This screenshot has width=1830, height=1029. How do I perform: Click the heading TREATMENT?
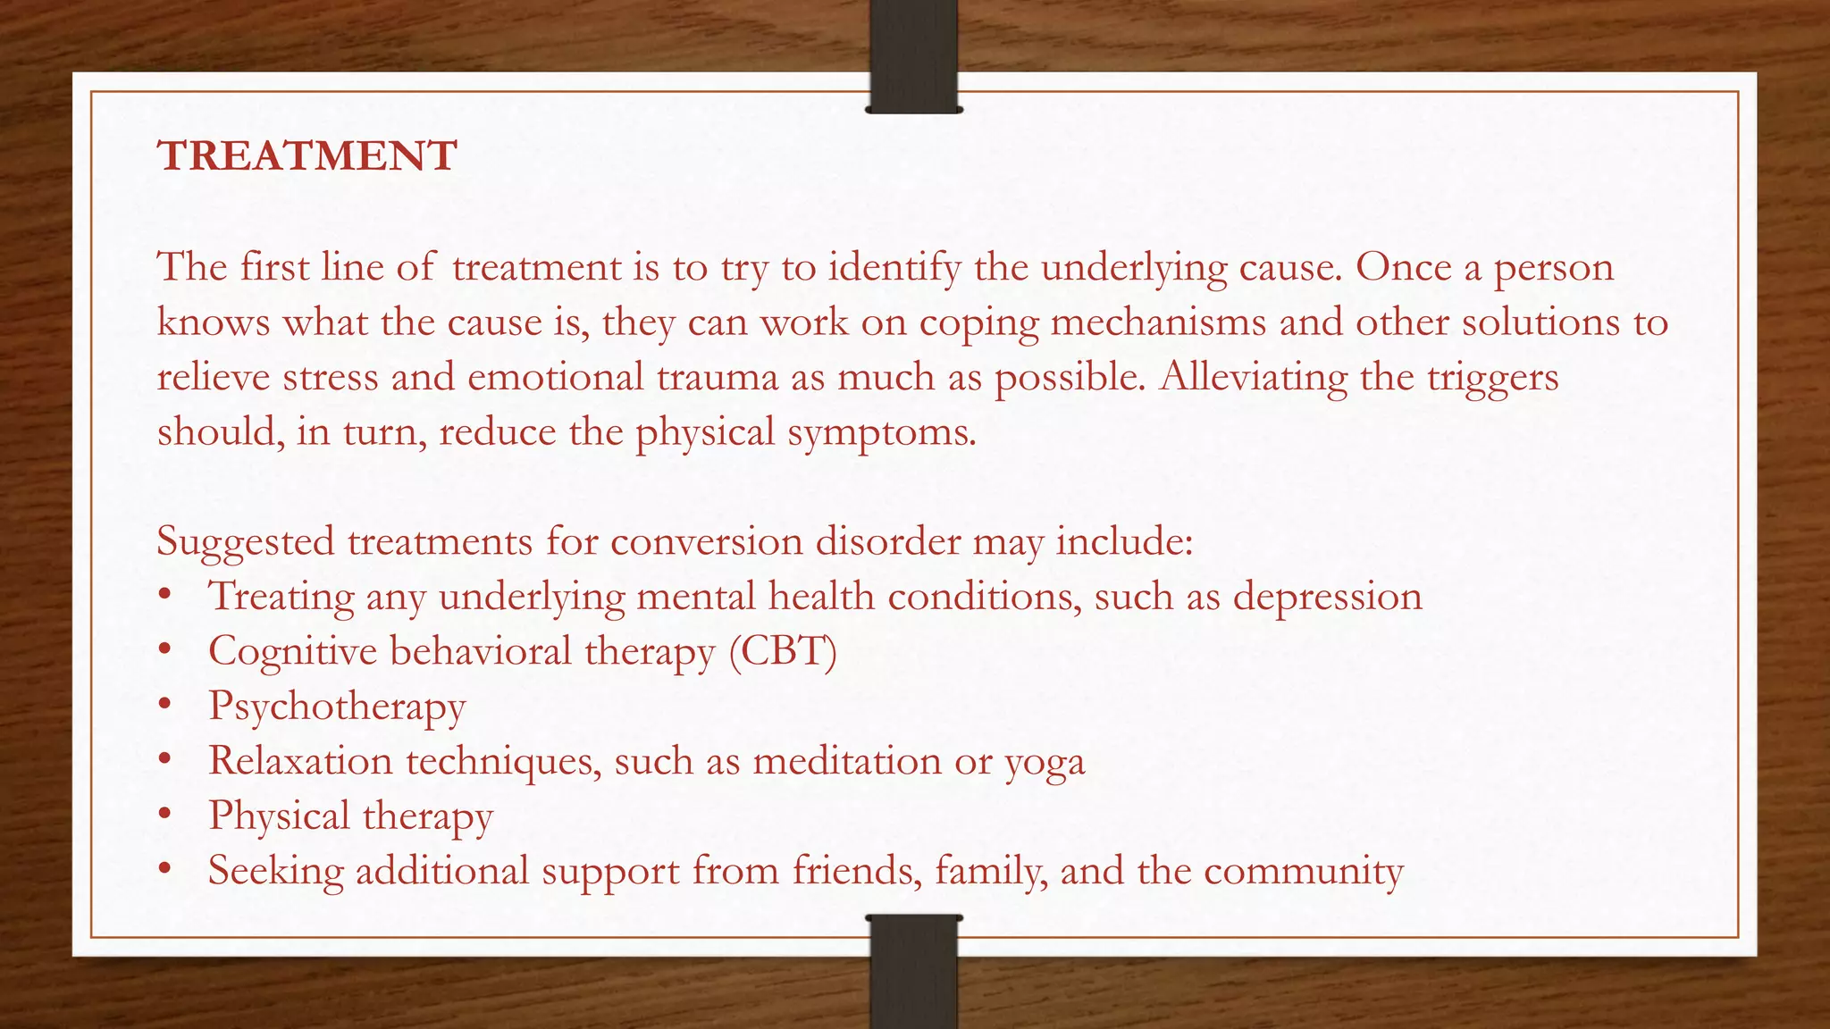[x=306, y=156]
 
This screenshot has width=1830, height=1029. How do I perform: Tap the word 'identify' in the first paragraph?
[x=893, y=268]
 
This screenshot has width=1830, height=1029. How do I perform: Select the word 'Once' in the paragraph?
[x=1403, y=267]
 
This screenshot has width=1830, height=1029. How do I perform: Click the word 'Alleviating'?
[x=1253, y=377]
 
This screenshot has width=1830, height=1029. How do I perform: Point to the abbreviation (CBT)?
[x=783, y=652]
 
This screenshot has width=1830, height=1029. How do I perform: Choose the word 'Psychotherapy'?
[x=337, y=707]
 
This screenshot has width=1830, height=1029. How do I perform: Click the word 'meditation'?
[x=846, y=761]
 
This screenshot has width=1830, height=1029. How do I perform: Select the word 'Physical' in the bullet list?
[x=279, y=816]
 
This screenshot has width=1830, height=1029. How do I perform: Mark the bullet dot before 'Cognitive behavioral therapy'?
[x=164, y=651]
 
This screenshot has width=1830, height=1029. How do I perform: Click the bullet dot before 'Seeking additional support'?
[x=164, y=870]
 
